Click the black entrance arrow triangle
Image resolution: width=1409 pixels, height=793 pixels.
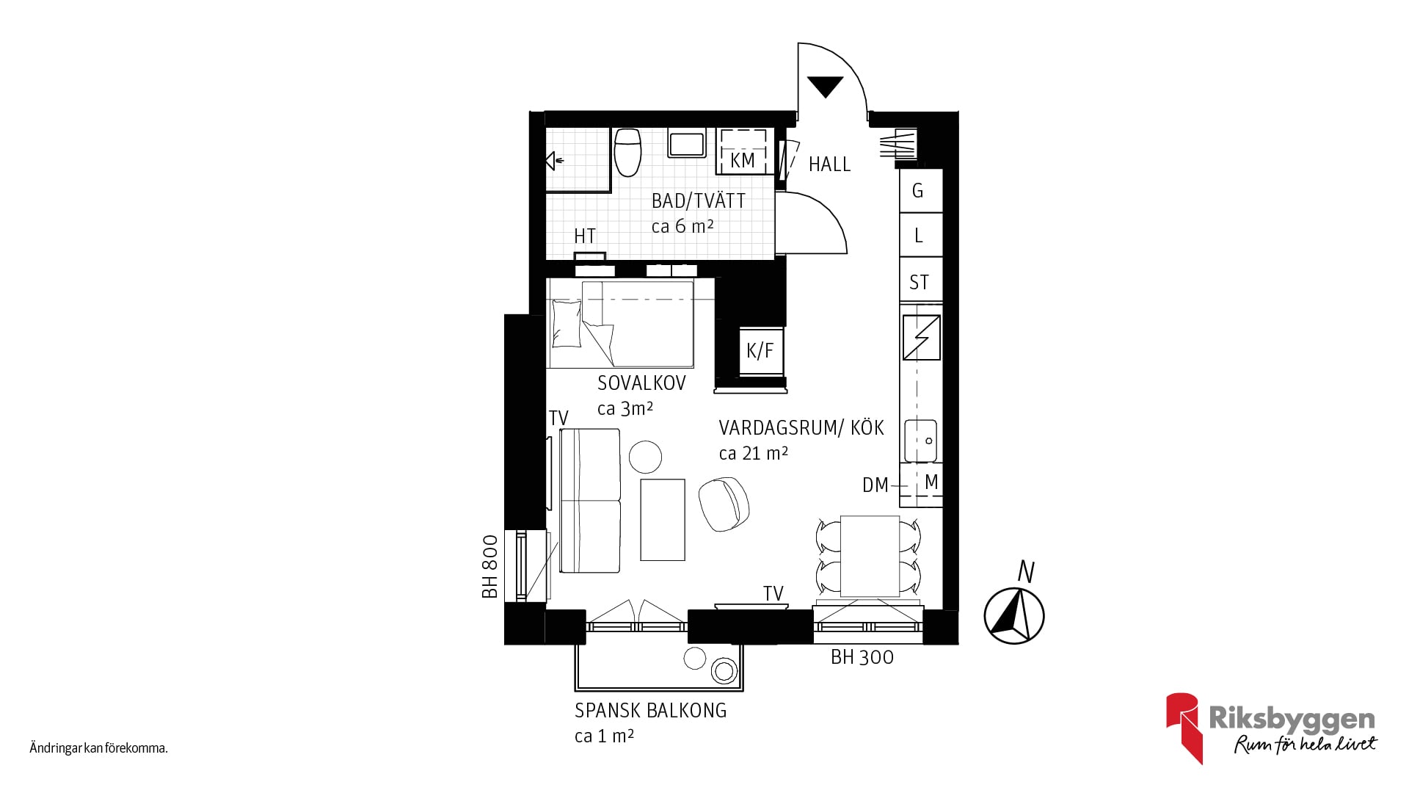click(x=824, y=86)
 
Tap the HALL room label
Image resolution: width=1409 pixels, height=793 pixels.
click(x=829, y=164)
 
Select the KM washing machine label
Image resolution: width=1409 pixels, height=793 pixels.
click(x=743, y=160)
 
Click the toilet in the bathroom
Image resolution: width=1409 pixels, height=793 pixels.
click(x=627, y=152)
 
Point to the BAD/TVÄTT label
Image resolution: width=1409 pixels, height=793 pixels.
click(x=698, y=200)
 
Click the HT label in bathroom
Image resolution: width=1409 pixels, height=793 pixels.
click(x=585, y=236)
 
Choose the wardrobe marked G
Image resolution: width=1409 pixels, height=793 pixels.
click(x=921, y=191)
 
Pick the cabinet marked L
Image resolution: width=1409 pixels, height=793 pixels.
click(x=921, y=236)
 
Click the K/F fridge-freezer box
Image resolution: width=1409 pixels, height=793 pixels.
click(x=760, y=351)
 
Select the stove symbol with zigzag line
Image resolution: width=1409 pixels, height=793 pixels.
click(x=921, y=338)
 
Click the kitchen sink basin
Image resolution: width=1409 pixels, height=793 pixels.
click(x=921, y=441)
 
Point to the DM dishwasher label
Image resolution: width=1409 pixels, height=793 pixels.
click(x=875, y=485)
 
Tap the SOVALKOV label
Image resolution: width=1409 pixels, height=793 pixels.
click(x=641, y=383)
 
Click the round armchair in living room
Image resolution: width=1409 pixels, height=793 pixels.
click(x=724, y=503)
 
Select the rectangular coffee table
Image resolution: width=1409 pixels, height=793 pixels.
click(x=663, y=519)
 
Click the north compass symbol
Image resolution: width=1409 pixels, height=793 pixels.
click(x=1014, y=614)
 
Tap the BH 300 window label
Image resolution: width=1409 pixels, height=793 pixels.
click(x=862, y=657)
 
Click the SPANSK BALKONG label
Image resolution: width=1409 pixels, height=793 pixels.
click(x=650, y=711)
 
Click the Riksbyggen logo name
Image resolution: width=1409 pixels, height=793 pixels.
click(x=1292, y=719)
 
